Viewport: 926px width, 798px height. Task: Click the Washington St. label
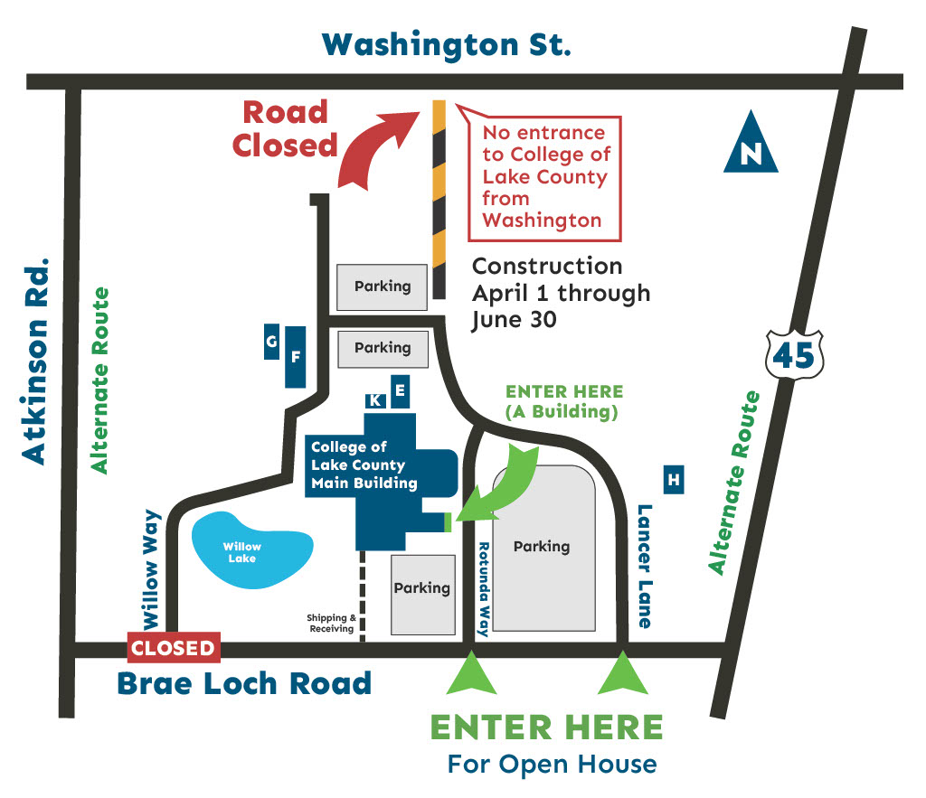coord(447,44)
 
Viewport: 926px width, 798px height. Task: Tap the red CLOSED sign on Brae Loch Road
coord(173,648)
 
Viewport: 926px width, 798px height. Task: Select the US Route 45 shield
coord(793,354)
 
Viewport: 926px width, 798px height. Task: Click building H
coord(673,480)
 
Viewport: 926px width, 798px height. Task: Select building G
coord(271,342)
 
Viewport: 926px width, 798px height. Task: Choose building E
coord(400,392)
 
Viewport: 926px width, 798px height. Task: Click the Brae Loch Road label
coord(244,683)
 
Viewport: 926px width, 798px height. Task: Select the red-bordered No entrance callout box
coord(545,178)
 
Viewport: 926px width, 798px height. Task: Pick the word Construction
coord(547,266)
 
